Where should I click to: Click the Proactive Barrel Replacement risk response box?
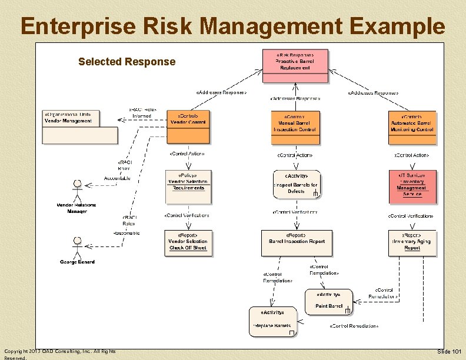(x=295, y=66)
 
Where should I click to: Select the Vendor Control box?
(x=188, y=126)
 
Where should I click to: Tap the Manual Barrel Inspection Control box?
(x=296, y=127)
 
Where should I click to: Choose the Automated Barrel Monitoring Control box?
(x=412, y=127)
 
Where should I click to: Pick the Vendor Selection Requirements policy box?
(x=188, y=187)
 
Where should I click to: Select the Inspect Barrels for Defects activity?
(x=296, y=184)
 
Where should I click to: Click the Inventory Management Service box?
(x=412, y=186)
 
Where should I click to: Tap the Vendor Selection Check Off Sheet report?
(x=188, y=242)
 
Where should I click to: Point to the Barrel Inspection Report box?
(x=296, y=242)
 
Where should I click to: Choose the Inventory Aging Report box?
(x=412, y=242)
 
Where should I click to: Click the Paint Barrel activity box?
(x=329, y=302)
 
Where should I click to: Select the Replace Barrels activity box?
(x=272, y=322)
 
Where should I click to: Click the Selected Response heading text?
(x=127, y=62)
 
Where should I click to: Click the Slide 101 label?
(x=450, y=352)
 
